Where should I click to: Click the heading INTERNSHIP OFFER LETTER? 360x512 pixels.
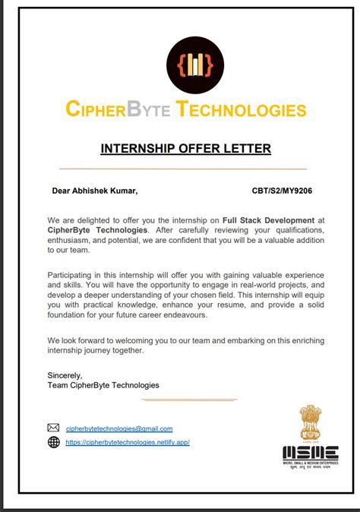185,148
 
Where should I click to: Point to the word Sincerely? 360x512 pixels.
64,375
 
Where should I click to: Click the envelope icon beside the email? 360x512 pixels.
53,428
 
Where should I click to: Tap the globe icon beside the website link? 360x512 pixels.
53,442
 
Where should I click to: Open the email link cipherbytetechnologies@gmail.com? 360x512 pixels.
119,429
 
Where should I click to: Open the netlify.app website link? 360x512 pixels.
127,442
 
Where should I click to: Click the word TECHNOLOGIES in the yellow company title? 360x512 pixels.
242,109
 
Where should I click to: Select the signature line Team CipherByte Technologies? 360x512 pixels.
103,385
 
